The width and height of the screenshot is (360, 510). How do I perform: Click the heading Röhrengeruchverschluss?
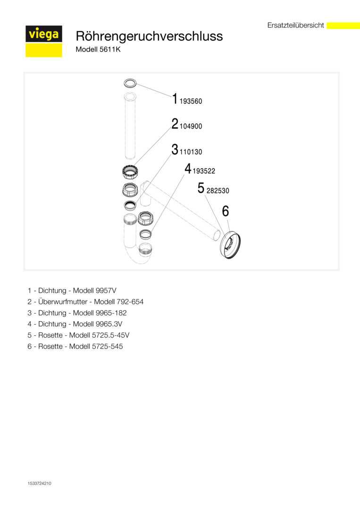[149, 36]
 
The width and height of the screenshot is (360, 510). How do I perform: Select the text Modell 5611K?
[98, 49]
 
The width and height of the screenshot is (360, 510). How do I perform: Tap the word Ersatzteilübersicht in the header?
[295, 25]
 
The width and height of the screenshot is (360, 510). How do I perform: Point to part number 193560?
[191, 102]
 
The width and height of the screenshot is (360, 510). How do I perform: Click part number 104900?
[191, 127]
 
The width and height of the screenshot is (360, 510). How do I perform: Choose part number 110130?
[191, 153]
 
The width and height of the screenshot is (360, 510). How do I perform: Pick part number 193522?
[204, 171]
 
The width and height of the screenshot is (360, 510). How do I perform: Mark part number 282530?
[218, 191]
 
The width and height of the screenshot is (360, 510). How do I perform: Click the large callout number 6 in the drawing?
[226, 211]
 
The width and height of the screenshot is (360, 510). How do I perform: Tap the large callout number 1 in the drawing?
[175, 99]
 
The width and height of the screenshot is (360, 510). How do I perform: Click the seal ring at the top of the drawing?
[130, 84]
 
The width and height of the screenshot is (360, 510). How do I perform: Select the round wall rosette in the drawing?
[230, 244]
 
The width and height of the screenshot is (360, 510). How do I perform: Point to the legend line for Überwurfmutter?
[85, 302]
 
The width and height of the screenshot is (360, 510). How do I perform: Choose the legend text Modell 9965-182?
[100, 313]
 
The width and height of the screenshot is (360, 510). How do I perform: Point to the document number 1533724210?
[40, 484]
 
